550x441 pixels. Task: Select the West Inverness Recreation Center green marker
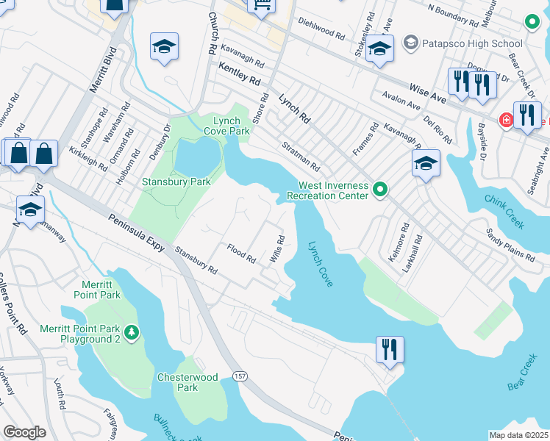tap(379, 191)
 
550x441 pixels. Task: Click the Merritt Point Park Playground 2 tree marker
tap(132, 334)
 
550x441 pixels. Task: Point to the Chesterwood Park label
tap(187, 382)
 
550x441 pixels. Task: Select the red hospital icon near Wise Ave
tap(505, 120)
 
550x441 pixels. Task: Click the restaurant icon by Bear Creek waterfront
tap(389, 349)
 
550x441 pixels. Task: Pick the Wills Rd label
tap(276, 248)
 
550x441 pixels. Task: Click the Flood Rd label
tap(240, 254)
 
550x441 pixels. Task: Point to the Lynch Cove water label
tap(321, 264)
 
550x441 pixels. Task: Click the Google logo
tap(24, 432)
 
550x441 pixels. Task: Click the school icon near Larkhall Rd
tap(426, 163)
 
